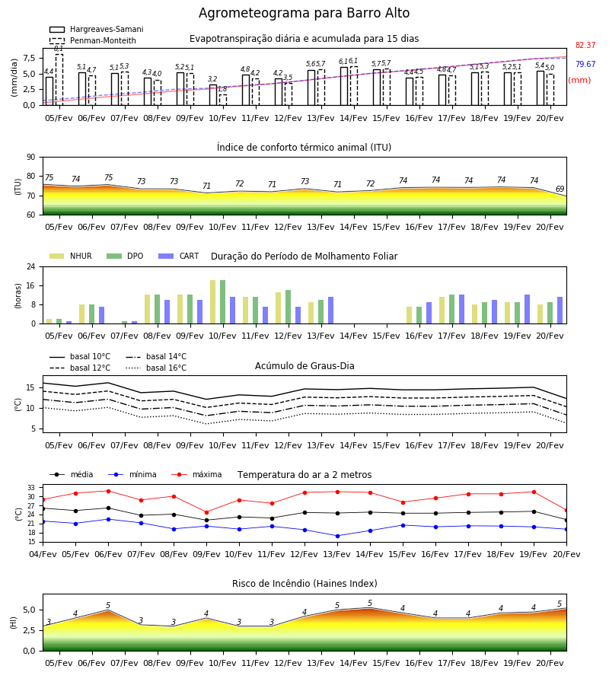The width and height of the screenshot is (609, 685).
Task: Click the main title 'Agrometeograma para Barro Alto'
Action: [x=304, y=13]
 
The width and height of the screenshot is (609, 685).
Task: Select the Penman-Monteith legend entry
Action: [x=93, y=40]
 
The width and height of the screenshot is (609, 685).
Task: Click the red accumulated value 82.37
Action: [x=585, y=45]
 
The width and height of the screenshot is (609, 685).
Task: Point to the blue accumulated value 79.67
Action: [x=585, y=64]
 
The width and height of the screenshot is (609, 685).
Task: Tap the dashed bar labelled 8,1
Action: [x=59, y=79]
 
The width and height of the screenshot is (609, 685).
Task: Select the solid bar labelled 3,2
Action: [x=212, y=95]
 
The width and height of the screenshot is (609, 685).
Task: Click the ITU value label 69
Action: [x=560, y=189]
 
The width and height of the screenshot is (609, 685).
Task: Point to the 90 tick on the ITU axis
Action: [x=31, y=158]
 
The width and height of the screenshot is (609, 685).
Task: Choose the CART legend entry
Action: [x=179, y=256]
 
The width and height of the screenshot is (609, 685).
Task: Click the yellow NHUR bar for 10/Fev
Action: [x=212, y=302]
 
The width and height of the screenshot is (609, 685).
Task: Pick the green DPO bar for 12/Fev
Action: [x=288, y=307]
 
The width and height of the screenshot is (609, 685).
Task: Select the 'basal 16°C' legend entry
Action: [x=156, y=368]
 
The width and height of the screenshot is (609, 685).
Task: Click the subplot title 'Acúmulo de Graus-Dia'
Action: [x=304, y=366]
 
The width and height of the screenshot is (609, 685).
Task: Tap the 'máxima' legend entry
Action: [x=196, y=474]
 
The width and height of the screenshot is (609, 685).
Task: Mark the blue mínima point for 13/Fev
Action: [x=337, y=536]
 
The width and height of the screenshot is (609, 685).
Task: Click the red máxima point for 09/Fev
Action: [x=206, y=512]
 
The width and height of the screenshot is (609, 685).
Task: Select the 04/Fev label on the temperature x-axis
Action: [x=43, y=554]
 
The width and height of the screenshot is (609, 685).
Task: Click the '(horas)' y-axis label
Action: [x=18, y=296]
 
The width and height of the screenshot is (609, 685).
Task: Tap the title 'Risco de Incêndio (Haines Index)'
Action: [x=304, y=584]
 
